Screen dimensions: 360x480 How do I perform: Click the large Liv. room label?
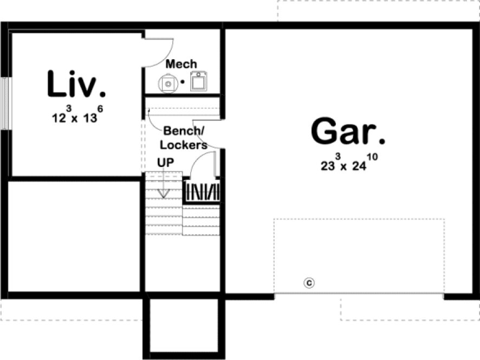click(76, 85)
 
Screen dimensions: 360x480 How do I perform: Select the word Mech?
click(181, 65)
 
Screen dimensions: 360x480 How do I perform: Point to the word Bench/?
click(184, 131)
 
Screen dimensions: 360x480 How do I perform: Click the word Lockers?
click(183, 145)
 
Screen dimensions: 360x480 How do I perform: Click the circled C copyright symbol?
click(309, 282)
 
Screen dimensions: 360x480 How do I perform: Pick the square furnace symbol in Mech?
click(200, 82)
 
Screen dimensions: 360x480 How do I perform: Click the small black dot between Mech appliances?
click(183, 82)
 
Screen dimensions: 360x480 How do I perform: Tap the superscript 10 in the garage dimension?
click(373, 157)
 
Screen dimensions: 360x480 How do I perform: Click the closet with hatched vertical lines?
click(203, 191)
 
